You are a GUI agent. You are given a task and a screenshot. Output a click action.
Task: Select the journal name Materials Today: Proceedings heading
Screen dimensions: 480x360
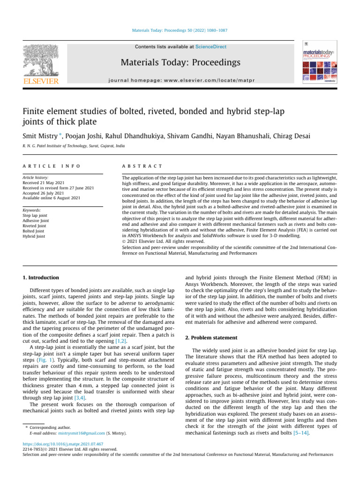point(180,62)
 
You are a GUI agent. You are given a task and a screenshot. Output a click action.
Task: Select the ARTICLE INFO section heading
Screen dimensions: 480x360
point(52,166)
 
